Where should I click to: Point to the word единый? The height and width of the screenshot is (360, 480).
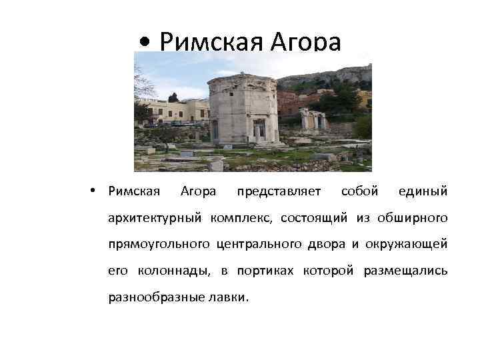(423, 191)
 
